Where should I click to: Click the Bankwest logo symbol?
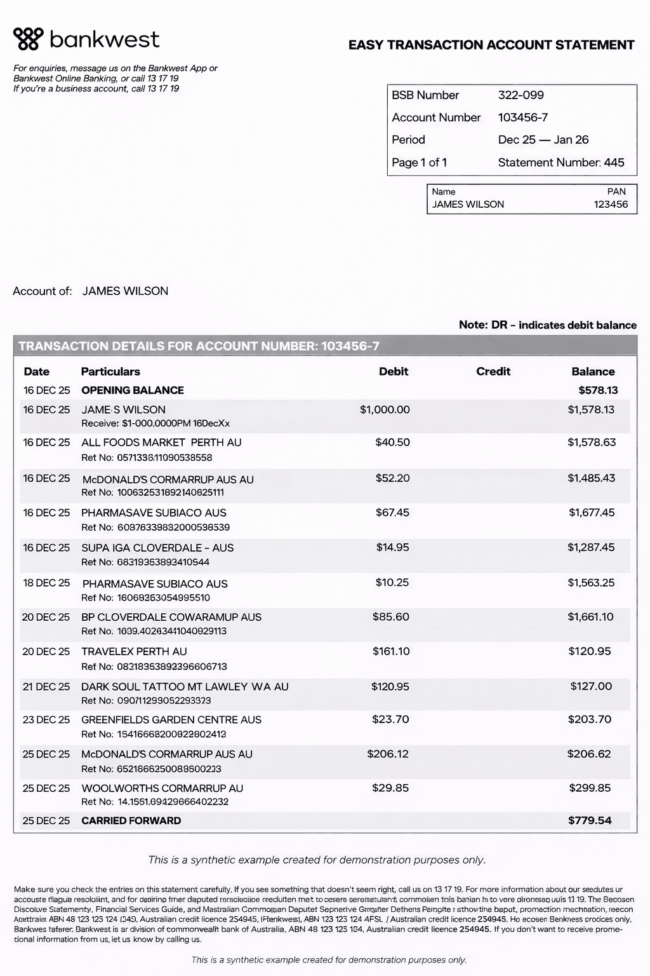point(29,39)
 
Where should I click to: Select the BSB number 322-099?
point(521,95)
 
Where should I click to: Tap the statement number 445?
point(614,163)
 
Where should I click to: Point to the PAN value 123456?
point(611,205)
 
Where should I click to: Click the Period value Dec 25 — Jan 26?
point(543,140)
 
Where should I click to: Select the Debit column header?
point(394,372)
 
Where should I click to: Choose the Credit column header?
point(493,372)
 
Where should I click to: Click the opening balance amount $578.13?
point(598,390)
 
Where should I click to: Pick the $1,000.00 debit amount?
point(385,410)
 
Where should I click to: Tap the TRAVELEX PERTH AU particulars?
point(134,651)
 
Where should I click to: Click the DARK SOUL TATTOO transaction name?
point(185,687)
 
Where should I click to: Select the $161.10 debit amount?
point(390,651)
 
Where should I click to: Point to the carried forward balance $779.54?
point(590,820)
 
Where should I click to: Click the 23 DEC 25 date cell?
point(46,720)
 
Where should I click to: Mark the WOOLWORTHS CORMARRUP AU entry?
point(162,788)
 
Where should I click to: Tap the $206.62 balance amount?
point(589,754)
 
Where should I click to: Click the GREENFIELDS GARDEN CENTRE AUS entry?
point(171,720)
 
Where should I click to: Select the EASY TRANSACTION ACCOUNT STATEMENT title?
point(491,45)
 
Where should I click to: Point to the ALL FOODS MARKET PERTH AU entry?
point(161,442)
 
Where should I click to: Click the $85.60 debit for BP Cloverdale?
point(390,617)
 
